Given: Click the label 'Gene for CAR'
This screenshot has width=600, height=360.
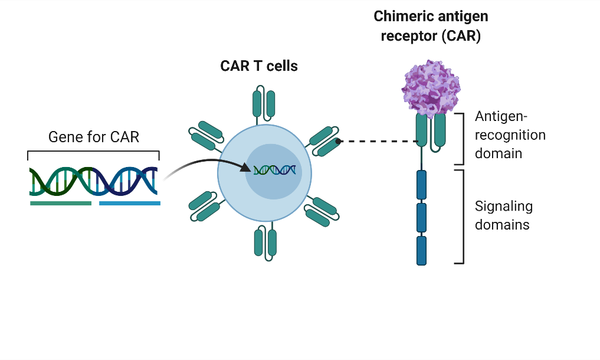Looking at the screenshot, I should click(x=93, y=138).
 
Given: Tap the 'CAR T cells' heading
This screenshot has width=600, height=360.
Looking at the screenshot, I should click(x=259, y=66).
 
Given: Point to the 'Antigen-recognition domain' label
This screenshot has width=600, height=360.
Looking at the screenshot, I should click(x=510, y=135).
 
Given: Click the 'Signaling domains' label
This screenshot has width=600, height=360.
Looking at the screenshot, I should click(x=503, y=215).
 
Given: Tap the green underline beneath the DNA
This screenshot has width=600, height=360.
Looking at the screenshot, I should click(x=61, y=203).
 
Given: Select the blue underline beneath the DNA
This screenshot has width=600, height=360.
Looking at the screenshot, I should click(x=130, y=203).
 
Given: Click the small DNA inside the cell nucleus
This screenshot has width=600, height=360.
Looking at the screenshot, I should click(x=274, y=170).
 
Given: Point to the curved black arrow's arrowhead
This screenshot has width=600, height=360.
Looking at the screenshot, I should click(x=247, y=168).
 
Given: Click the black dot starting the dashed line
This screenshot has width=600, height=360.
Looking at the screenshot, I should click(x=338, y=142).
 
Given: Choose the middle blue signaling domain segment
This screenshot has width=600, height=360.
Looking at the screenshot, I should click(x=421, y=218).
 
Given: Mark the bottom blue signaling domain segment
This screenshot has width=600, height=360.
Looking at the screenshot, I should click(x=421, y=251).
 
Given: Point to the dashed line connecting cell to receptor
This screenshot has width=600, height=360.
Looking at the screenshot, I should click(x=378, y=142).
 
